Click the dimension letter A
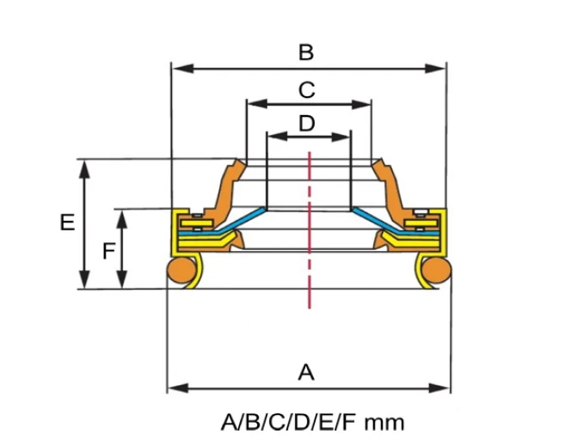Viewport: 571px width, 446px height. coord(305,372)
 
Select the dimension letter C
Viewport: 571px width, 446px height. coord(306,89)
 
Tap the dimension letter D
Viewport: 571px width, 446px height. coord(306,123)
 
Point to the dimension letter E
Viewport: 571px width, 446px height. coord(67,223)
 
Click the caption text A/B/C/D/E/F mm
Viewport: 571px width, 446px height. coord(312,422)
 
